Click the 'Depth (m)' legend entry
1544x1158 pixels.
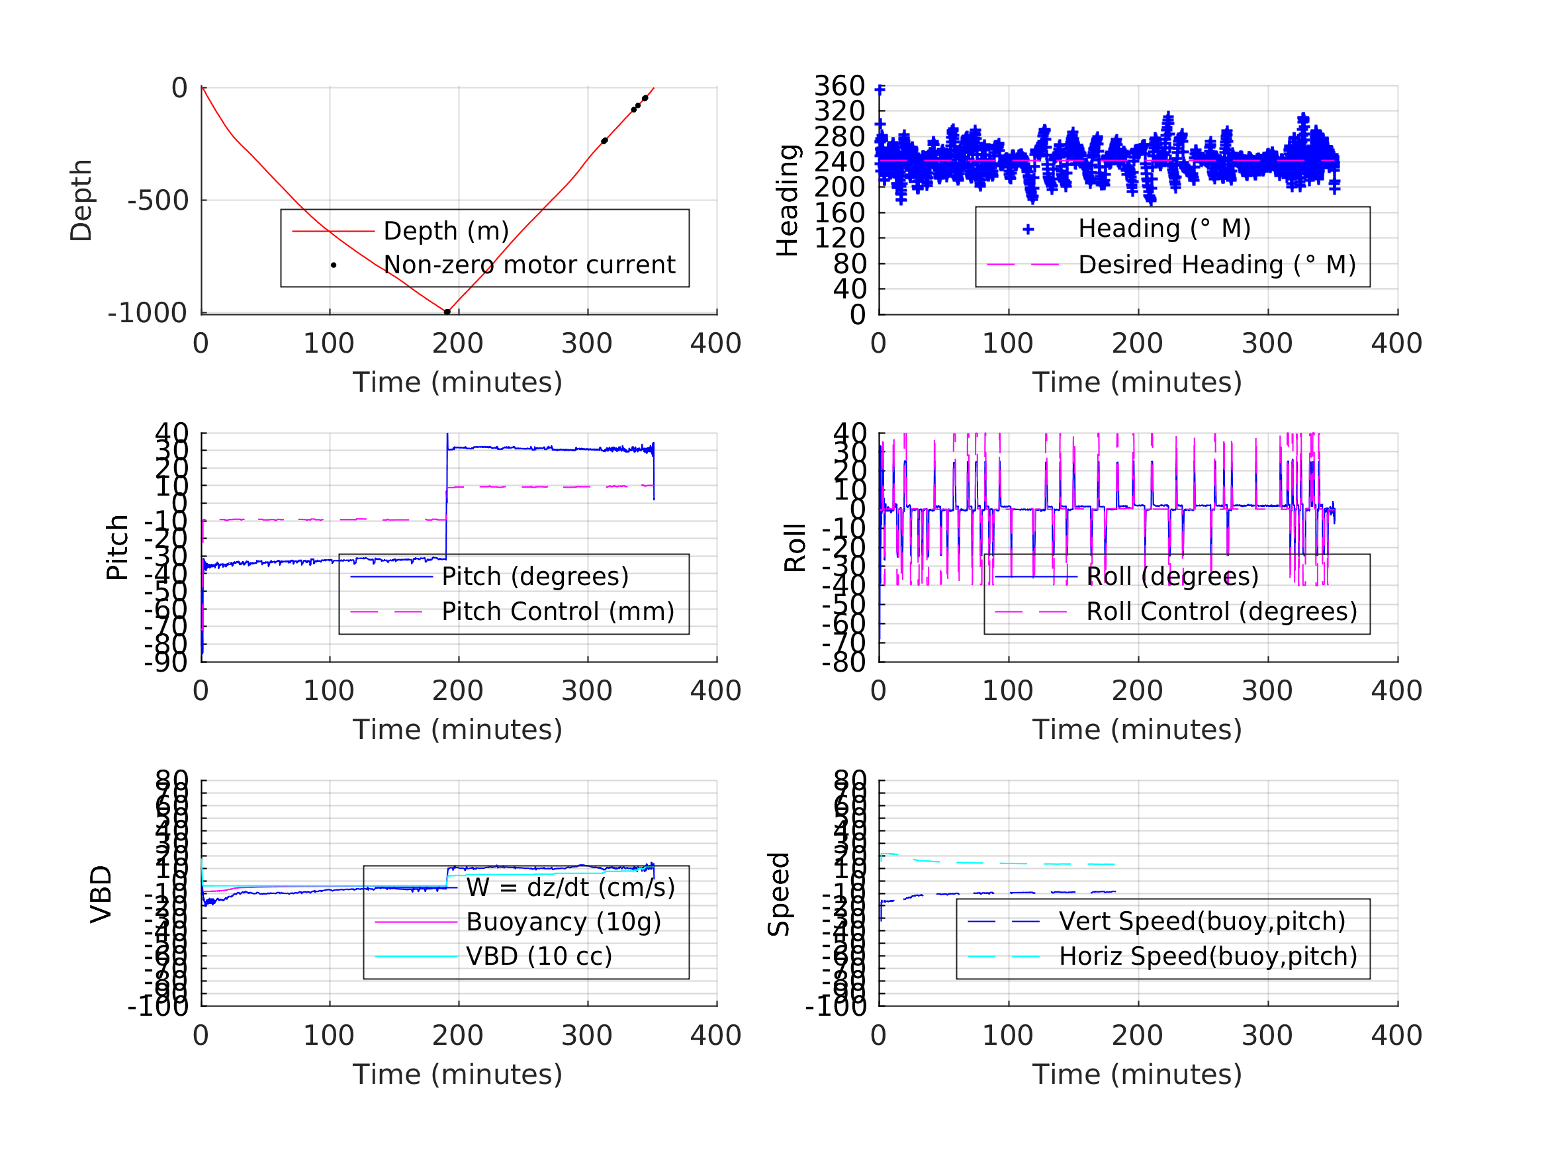click(446, 231)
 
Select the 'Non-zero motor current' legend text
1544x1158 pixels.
click(529, 265)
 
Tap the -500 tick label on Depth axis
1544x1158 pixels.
click(158, 201)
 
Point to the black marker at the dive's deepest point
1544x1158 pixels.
click(447, 312)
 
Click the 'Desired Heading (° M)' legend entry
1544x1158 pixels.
click(1216, 265)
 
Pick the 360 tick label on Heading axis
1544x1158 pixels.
click(840, 86)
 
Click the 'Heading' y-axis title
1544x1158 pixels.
click(788, 200)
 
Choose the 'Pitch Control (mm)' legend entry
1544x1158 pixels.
click(558, 611)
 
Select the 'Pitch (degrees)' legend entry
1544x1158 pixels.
click(535, 576)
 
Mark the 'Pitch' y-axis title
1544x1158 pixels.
click(117, 547)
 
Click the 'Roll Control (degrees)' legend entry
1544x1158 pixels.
click(1222, 611)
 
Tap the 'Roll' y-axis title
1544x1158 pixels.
click(795, 547)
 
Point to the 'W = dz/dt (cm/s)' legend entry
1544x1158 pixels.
click(570, 887)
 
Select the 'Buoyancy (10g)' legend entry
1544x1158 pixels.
click(563, 922)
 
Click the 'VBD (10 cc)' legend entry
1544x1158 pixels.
click(539, 956)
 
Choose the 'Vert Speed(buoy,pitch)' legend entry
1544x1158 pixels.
click(1202, 921)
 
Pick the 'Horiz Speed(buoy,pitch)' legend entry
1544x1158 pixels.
click(1208, 956)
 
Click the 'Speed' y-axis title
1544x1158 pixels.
click(779, 893)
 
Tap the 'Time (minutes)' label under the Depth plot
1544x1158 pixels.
click(457, 382)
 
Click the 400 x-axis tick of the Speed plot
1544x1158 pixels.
click(1396, 1035)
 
